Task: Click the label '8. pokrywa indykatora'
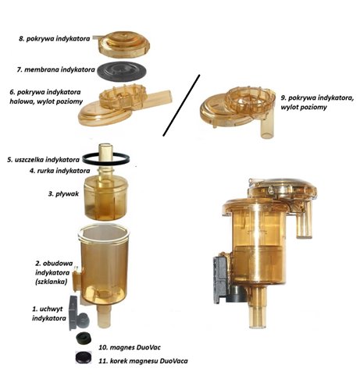tap(55, 38)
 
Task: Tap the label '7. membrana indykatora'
tap(56, 69)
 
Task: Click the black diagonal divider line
tap(181, 105)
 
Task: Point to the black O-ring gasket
tap(106, 159)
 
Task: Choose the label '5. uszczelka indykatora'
tap(43, 159)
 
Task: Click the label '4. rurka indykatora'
tap(59, 171)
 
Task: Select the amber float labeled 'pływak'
tap(106, 198)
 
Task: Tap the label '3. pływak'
tap(63, 193)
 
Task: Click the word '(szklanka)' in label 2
tap(51, 282)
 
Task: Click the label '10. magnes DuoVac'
tap(130, 347)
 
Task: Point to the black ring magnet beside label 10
tap(84, 339)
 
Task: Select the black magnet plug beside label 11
tap(84, 357)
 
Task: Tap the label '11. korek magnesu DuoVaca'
tap(143, 361)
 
